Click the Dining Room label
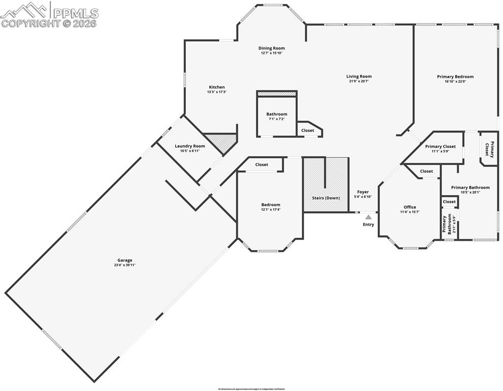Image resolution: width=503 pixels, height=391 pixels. tap(271, 48)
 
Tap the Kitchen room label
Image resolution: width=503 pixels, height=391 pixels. tap(216, 87)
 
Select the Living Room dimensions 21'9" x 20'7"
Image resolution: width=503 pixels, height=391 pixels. tap(360, 81)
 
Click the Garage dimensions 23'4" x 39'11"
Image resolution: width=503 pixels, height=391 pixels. tap(124, 265)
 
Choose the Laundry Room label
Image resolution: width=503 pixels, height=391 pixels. tap(190, 146)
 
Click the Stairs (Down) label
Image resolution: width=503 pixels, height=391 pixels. tap(326, 198)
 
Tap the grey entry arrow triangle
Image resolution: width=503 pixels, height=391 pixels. tap(368, 217)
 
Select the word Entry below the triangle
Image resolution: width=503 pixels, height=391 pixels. tap(368, 225)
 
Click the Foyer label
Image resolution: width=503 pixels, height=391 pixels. tap(362, 192)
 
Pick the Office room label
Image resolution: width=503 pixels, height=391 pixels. tap(410, 207)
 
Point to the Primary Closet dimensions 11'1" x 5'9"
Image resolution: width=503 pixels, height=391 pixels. tap(440, 152)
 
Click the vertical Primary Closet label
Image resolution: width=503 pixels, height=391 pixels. tap(489, 149)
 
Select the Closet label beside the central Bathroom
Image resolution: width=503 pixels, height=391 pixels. tap(308, 130)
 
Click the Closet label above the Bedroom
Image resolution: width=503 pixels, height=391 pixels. tap(262, 164)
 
